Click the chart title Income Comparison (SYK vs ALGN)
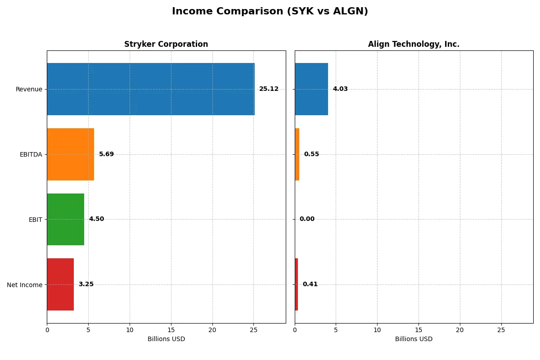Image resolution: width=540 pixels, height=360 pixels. coord(270,12)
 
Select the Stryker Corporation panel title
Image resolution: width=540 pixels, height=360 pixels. coord(166,44)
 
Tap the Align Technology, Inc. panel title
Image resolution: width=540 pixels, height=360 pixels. coord(414,44)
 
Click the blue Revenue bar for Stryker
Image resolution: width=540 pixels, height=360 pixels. coord(151,89)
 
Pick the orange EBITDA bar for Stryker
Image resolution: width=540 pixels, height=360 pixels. coord(71,154)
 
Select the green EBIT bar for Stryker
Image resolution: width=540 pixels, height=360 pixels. coord(66,220)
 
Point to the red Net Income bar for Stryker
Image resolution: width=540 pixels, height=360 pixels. coord(60,284)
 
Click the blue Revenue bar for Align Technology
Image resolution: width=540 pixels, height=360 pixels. coord(311,89)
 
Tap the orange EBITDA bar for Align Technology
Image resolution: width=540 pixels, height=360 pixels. coord(297,154)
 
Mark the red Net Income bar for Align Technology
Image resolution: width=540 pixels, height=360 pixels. coord(297,284)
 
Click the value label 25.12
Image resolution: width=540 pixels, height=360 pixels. coord(269,89)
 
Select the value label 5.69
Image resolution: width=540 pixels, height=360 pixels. coord(106,154)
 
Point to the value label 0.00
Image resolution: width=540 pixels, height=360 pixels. coord(307,219)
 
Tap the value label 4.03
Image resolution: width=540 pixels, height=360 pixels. coord(340,89)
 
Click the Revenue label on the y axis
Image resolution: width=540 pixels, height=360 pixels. coord(29,89)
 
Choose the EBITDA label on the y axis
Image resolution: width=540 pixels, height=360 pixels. coord(31,154)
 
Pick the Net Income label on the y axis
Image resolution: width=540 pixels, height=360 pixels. coord(24,285)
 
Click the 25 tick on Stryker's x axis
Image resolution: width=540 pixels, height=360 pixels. coord(254,330)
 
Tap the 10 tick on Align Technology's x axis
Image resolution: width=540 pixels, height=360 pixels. coord(377,330)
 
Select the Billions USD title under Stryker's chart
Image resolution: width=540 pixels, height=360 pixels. coord(166,339)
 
